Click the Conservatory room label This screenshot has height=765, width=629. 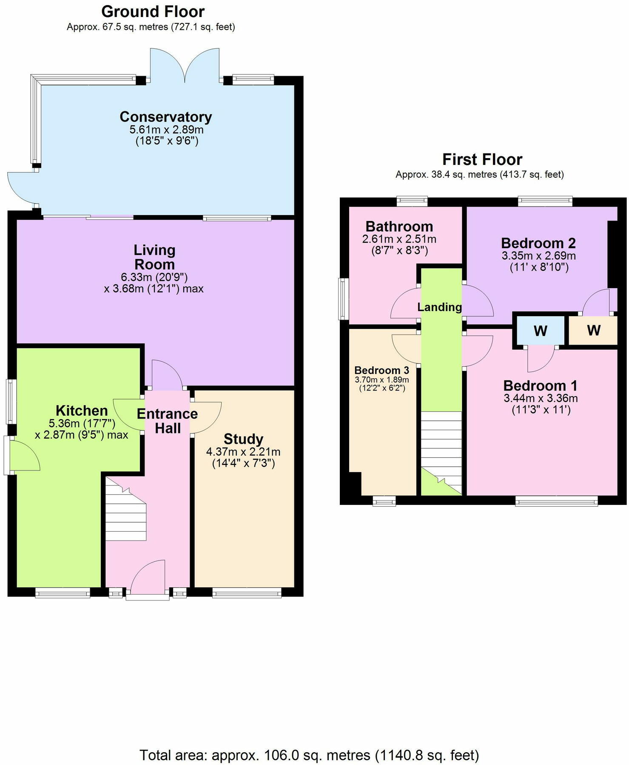coord(166,116)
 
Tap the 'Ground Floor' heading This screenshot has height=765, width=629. coord(153,11)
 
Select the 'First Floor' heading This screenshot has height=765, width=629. coord(482,159)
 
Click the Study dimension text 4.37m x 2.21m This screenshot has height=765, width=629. coord(243,452)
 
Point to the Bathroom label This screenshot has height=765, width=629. coord(399,226)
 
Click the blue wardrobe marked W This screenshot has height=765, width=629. coord(540,331)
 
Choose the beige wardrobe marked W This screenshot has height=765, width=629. coord(593,330)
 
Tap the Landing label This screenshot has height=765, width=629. coord(439,307)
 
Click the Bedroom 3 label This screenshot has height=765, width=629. coord(381,370)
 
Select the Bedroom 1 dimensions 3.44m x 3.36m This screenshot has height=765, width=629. coord(540,398)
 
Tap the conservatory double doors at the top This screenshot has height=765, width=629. coord(185,66)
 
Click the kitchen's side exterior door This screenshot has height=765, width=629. coord(23,456)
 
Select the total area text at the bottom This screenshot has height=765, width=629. coord(309,755)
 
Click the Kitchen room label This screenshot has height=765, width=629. coord(82,411)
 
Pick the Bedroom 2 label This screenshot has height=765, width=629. coord(538,243)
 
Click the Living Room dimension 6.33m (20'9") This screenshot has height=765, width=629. coord(154,277)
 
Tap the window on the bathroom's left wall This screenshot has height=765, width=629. coord(342,298)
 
